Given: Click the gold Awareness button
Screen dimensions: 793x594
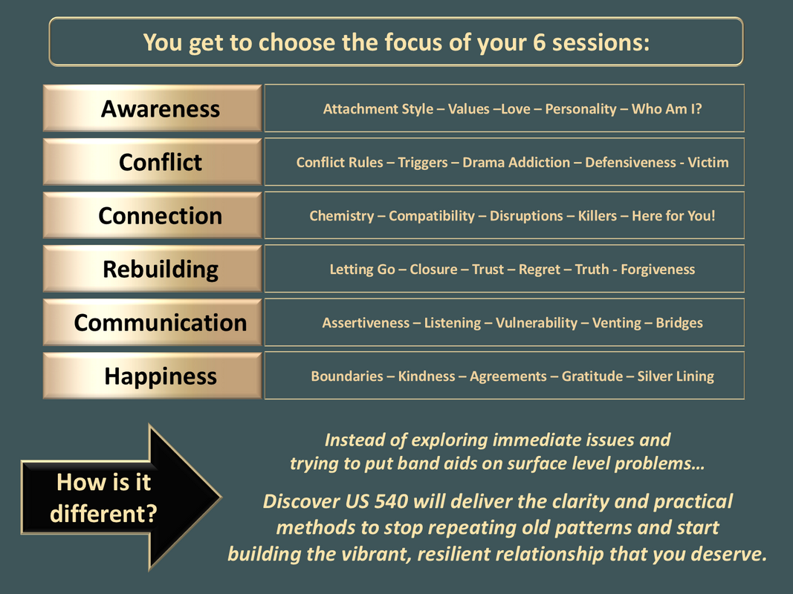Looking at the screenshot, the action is [152, 108].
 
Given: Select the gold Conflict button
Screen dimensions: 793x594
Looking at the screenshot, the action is [152, 162].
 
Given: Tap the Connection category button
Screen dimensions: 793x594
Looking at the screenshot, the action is [152, 215].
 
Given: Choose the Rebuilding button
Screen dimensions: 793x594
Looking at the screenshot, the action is [152, 269].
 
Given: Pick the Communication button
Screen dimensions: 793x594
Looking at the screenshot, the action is [152, 322].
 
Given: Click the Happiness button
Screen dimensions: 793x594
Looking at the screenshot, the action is [152, 376].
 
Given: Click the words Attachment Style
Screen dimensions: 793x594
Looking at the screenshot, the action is [378, 109].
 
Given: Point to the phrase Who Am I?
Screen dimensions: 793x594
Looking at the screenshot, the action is [667, 109].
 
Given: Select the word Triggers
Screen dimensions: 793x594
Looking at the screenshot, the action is [423, 163].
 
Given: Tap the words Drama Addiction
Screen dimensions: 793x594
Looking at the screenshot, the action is [517, 162].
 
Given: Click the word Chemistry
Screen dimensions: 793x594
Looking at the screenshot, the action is [342, 216].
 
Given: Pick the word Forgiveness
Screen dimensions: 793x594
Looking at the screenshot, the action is [658, 270].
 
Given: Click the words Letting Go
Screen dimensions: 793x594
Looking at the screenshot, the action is [362, 270].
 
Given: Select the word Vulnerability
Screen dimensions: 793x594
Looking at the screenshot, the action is [537, 323].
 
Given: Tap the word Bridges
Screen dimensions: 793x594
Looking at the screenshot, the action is [679, 323].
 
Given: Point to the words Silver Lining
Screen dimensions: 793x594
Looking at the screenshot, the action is [676, 376].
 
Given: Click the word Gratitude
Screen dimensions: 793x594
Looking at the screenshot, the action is [592, 376].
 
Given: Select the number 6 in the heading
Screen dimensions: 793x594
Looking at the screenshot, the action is [539, 42].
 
